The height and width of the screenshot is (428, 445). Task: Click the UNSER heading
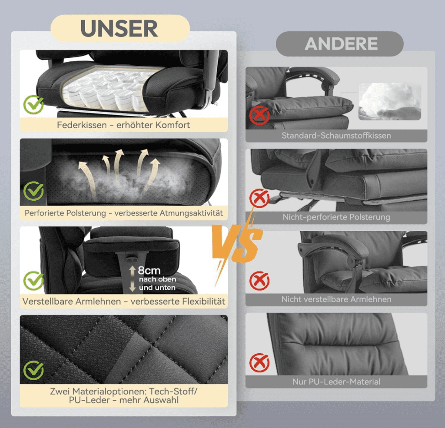[x=119, y=28]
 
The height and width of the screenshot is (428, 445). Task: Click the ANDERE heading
[x=341, y=44]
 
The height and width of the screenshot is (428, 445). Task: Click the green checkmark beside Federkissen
[x=33, y=104]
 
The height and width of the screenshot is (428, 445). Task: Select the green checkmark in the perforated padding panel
[x=33, y=191]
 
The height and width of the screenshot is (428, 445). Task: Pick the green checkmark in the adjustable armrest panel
[x=33, y=280]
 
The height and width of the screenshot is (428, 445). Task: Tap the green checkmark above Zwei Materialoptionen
[x=33, y=370]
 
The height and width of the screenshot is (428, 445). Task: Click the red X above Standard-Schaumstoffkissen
[x=259, y=115]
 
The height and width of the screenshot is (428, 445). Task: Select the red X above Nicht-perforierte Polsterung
[x=259, y=198]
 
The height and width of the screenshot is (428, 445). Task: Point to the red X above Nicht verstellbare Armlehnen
[x=259, y=281]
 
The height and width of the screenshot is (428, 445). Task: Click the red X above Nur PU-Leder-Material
[x=259, y=363]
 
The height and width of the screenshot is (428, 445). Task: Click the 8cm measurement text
[x=149, y=270]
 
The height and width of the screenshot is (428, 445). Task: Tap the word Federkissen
[x=82, y=125]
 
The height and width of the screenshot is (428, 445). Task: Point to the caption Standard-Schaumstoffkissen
[x=336, y=136]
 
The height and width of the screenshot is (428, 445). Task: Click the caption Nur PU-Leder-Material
[x=336, y=382]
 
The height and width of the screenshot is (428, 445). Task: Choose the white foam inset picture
[x=390, y=102]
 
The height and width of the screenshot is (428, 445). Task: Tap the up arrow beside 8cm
[x=132, y=271]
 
